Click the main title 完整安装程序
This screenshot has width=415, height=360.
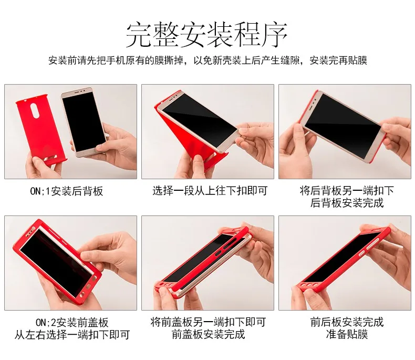[x=206, y=35]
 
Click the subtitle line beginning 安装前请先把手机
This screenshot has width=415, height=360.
[x=207, y=60]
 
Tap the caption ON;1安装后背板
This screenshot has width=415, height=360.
[x=67, y=191]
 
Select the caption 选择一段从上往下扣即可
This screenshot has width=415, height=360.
[x=210, y=191]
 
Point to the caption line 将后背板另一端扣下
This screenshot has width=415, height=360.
[x=347, y=190]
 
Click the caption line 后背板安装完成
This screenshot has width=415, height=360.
[x=347, y=203]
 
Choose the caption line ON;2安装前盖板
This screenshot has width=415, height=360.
[x=72, y=322]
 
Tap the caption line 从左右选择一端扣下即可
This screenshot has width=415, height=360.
[x=72, y=335]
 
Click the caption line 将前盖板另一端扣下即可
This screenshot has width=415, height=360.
[x=208, y=322]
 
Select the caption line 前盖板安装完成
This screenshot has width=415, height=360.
[x=208, y=334]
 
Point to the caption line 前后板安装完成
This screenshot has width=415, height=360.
[x=347, y=322]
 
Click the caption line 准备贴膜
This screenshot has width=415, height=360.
[x=347, y=334]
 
